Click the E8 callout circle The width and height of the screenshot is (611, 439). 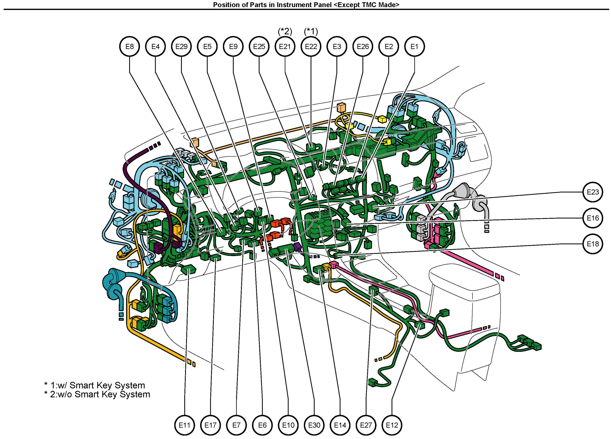129,47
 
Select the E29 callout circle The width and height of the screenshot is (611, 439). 181,47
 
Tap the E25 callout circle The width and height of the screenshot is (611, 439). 259,47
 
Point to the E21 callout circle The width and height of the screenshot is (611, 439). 285,47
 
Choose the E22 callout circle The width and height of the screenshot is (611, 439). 311,47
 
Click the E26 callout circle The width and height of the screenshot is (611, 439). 363,47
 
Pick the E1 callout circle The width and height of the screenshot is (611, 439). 414,47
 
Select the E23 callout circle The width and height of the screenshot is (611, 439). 593,192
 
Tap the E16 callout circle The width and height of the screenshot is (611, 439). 593,218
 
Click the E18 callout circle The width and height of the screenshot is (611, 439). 593,244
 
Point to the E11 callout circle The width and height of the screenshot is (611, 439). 185,425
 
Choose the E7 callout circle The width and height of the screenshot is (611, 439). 236,425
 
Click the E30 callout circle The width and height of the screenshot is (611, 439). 314,425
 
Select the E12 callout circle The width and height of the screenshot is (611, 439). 392,425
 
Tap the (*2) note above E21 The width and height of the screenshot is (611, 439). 285,32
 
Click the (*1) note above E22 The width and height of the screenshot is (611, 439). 311,32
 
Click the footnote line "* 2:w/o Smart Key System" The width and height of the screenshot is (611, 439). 97,394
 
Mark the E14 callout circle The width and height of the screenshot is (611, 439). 340,425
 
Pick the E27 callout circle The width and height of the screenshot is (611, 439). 366,425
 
